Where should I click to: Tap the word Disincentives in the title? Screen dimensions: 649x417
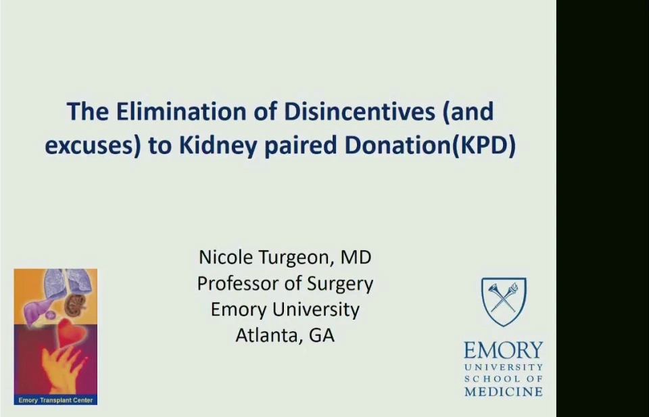359,112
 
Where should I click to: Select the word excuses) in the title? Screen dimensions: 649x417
93,145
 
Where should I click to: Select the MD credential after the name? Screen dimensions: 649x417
356,257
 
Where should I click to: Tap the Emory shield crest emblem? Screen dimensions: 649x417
504,301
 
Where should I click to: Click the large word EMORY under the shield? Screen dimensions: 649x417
503,350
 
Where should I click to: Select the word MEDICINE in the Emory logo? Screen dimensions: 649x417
503,391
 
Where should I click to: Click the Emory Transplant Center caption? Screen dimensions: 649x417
55,400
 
